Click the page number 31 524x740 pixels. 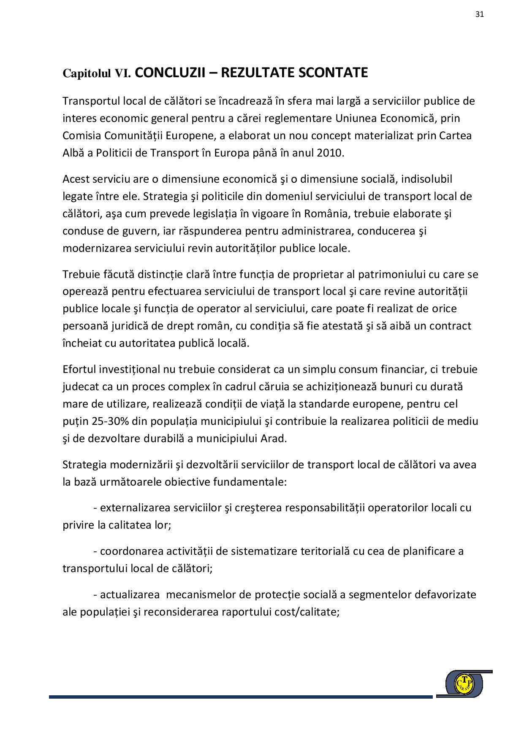[x=479, y=14]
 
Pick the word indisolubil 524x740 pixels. [x=426, y=179]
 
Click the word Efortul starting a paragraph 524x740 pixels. [x=79, y=369]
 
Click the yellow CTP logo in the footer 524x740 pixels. [x=464, y=683]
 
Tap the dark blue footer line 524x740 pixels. [x=241, y=697]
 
